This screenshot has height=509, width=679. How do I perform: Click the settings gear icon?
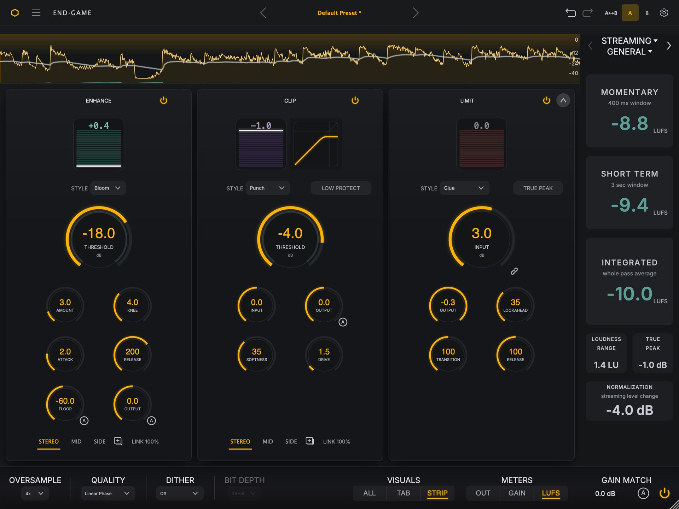664,13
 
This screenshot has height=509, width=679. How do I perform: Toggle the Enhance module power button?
163,100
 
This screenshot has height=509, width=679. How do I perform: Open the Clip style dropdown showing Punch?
267,188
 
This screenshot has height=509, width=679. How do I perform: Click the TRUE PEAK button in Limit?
538,188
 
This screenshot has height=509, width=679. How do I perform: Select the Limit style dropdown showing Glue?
464,188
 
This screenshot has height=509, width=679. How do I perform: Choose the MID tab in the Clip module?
268,441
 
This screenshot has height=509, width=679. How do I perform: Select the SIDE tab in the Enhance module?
99,441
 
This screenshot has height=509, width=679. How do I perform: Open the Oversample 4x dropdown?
35,493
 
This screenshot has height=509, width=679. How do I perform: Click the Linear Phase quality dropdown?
108,493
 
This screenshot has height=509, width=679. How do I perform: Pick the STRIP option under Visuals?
437,493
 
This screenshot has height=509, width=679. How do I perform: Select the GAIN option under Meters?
517,493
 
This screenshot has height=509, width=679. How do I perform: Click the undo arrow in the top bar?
570,13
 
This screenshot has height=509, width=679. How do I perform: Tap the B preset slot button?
647,13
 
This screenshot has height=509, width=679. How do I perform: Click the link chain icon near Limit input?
514,271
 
